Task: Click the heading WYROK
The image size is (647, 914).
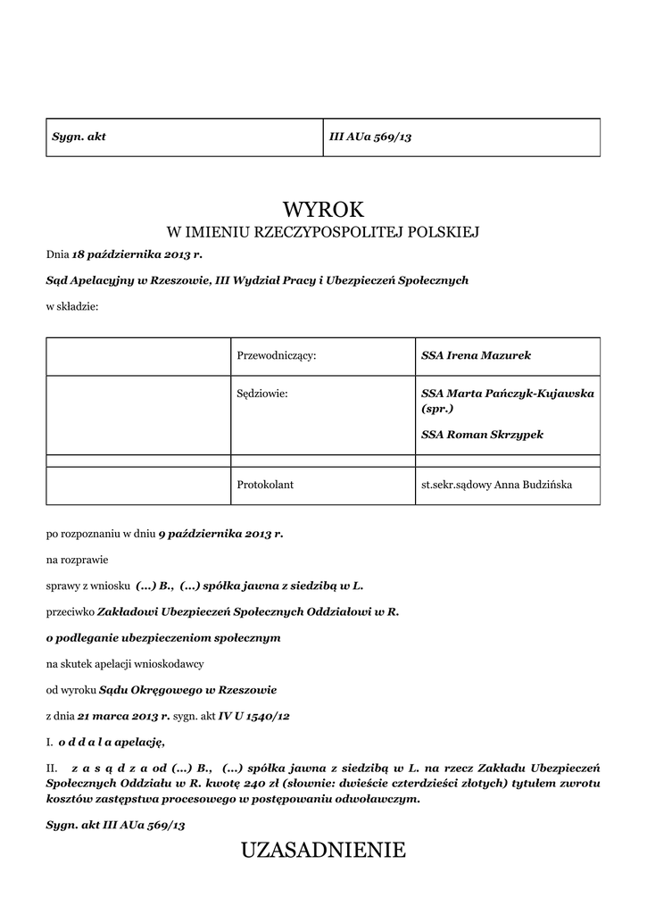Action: click(x=323, y=210)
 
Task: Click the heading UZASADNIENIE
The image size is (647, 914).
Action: click(x=323, y=851)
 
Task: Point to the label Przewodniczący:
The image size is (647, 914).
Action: click(x=277, y=355)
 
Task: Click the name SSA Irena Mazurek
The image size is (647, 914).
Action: click(x=476, y=355)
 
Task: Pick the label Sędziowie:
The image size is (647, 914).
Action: click(x=262, y=393)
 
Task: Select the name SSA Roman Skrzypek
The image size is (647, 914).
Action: click(x=482, y=435)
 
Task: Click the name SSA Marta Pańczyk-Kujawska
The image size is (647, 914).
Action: click(x=508, y=393)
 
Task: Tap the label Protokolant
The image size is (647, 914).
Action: click(x=265, y=485)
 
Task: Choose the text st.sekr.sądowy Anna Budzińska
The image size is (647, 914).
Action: click(x=497, y=485)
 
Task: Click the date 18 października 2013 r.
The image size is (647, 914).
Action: click(x=144, y=255)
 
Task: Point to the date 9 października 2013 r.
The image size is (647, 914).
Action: click(x=220, y=534)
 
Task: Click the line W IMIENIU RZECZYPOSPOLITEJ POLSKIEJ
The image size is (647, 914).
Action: click(x=323, y=233)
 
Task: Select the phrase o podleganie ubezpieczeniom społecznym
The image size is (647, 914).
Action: click(x=163, y=638)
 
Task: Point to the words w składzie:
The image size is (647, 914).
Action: click(x=72, y=306)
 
